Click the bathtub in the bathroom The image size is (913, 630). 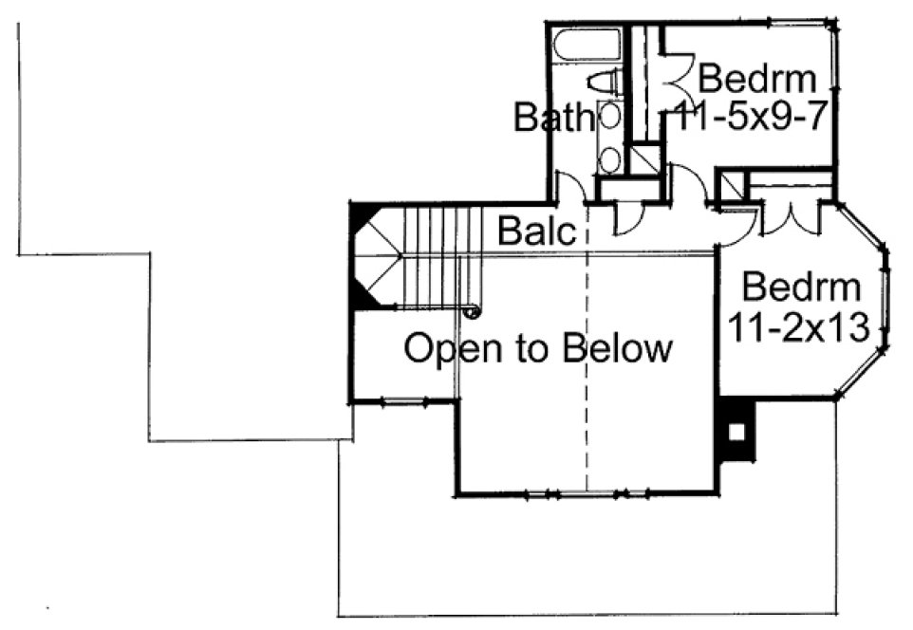[x=586, y=45]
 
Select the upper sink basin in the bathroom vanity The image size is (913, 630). [x=610, y=116]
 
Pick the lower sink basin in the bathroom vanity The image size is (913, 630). [x=610, y=157]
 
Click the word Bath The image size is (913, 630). [x=553, y=119]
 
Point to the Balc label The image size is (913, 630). [x=537, y=231]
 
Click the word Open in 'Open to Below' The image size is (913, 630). [x=451, y=348]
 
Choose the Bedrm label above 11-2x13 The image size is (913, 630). [x=802, y=286]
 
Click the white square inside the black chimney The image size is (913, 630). [x=736, y=430]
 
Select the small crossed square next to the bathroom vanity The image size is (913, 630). [x=645, y=159]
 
